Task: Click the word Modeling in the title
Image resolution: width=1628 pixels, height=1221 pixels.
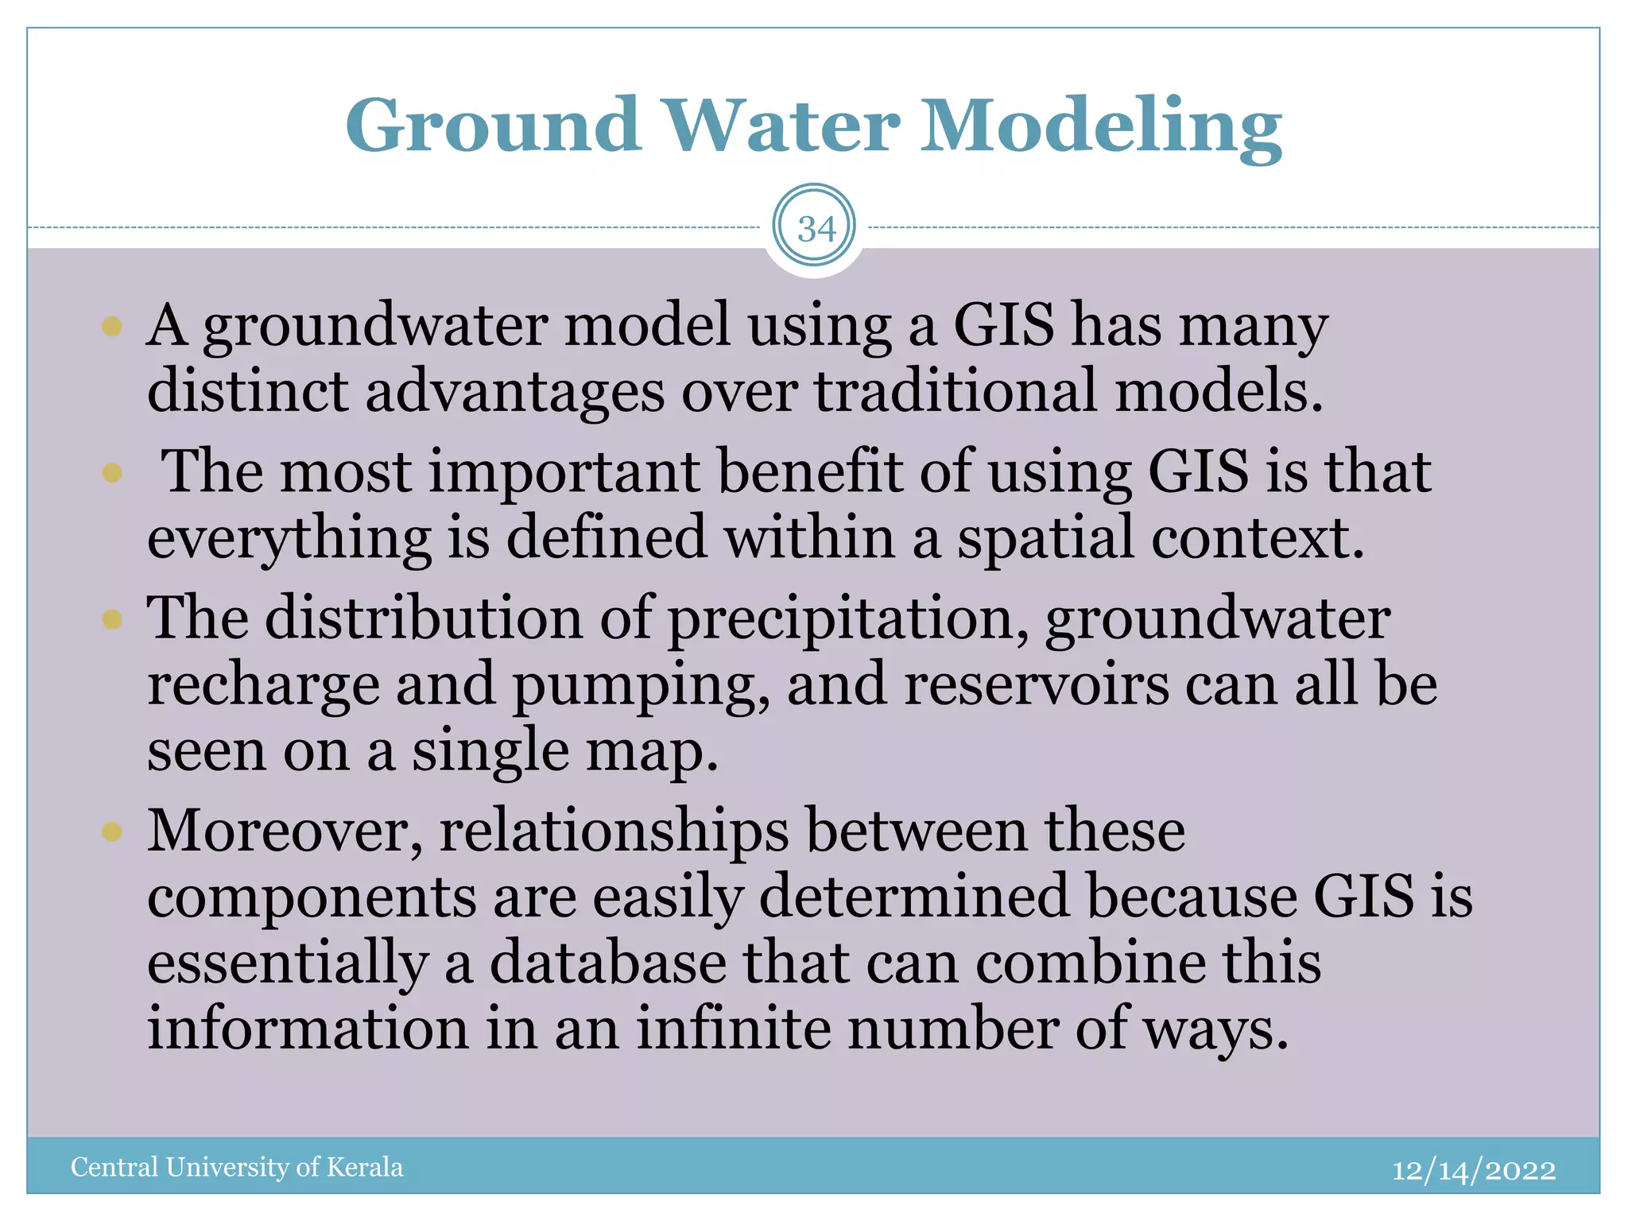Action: [1101, 127]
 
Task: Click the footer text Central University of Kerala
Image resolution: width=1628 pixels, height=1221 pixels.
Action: [237, 1167]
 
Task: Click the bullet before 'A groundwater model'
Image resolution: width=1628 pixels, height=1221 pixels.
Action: [112, 326]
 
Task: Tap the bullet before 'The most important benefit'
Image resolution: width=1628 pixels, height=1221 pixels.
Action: [112, 473]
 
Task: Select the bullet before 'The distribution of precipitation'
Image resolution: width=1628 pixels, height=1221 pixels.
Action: [112, 618]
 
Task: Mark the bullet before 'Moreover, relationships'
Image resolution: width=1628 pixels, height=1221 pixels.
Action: [112, 831]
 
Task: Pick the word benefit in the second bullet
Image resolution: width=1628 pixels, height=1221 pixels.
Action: [809, 472]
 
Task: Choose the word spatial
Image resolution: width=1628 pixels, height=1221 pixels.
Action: [1045, 539]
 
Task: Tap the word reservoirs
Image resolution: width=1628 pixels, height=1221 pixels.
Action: [1037, 684]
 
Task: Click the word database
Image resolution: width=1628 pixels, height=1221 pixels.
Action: [607, 963]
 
